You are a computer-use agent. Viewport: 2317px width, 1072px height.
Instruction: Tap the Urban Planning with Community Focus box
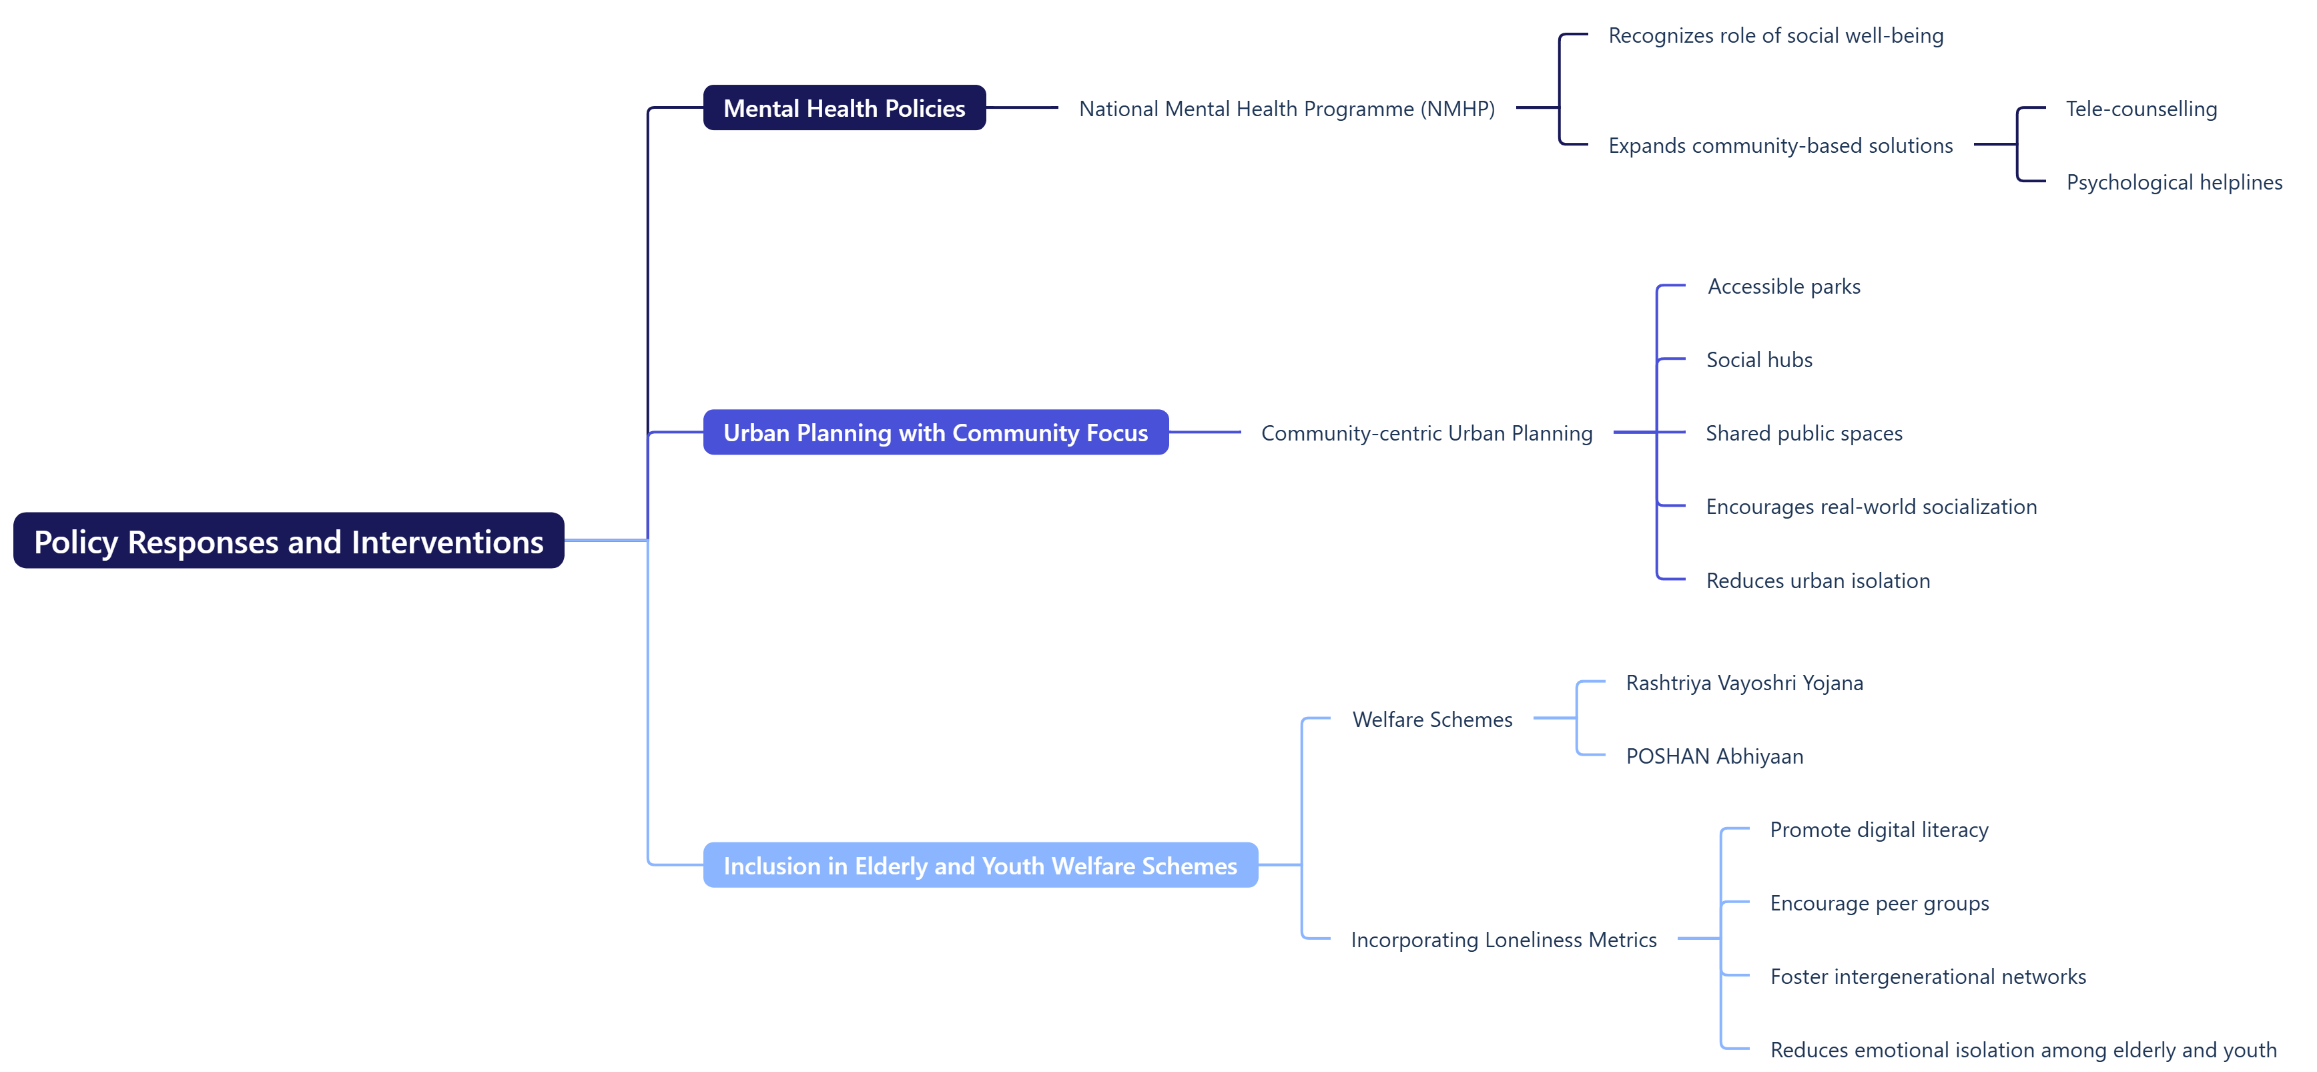point(936,433)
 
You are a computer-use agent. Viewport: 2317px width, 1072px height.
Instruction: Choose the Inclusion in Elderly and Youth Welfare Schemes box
point(980,865)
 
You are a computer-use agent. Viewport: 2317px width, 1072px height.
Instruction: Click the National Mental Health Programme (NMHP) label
point(1286,109)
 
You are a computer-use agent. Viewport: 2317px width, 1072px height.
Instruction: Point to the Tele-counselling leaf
point(2141,109)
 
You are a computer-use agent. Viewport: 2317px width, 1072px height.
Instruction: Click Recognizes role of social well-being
point(1776,36)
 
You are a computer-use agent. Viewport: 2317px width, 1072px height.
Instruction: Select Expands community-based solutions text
point(1780,146)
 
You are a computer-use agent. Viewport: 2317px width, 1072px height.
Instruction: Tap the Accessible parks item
point(1784,287)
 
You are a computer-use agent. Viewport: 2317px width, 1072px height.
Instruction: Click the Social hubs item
point(1758,360)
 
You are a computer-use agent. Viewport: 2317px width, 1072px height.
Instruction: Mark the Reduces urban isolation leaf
point(1817,581)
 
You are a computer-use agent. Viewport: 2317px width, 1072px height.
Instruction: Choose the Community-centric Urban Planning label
point(1427,433)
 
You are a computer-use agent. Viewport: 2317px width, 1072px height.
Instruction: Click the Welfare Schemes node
point(1432,720)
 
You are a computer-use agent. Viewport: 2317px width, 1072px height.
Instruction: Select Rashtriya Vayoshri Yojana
point(1744,683)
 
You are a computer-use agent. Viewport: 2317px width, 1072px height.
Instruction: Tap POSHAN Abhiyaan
point(1714,756)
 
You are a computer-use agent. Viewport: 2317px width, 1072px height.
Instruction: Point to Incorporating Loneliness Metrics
point(1503,940)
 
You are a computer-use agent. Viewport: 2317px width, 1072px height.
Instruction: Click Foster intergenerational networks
point(1927,977)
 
